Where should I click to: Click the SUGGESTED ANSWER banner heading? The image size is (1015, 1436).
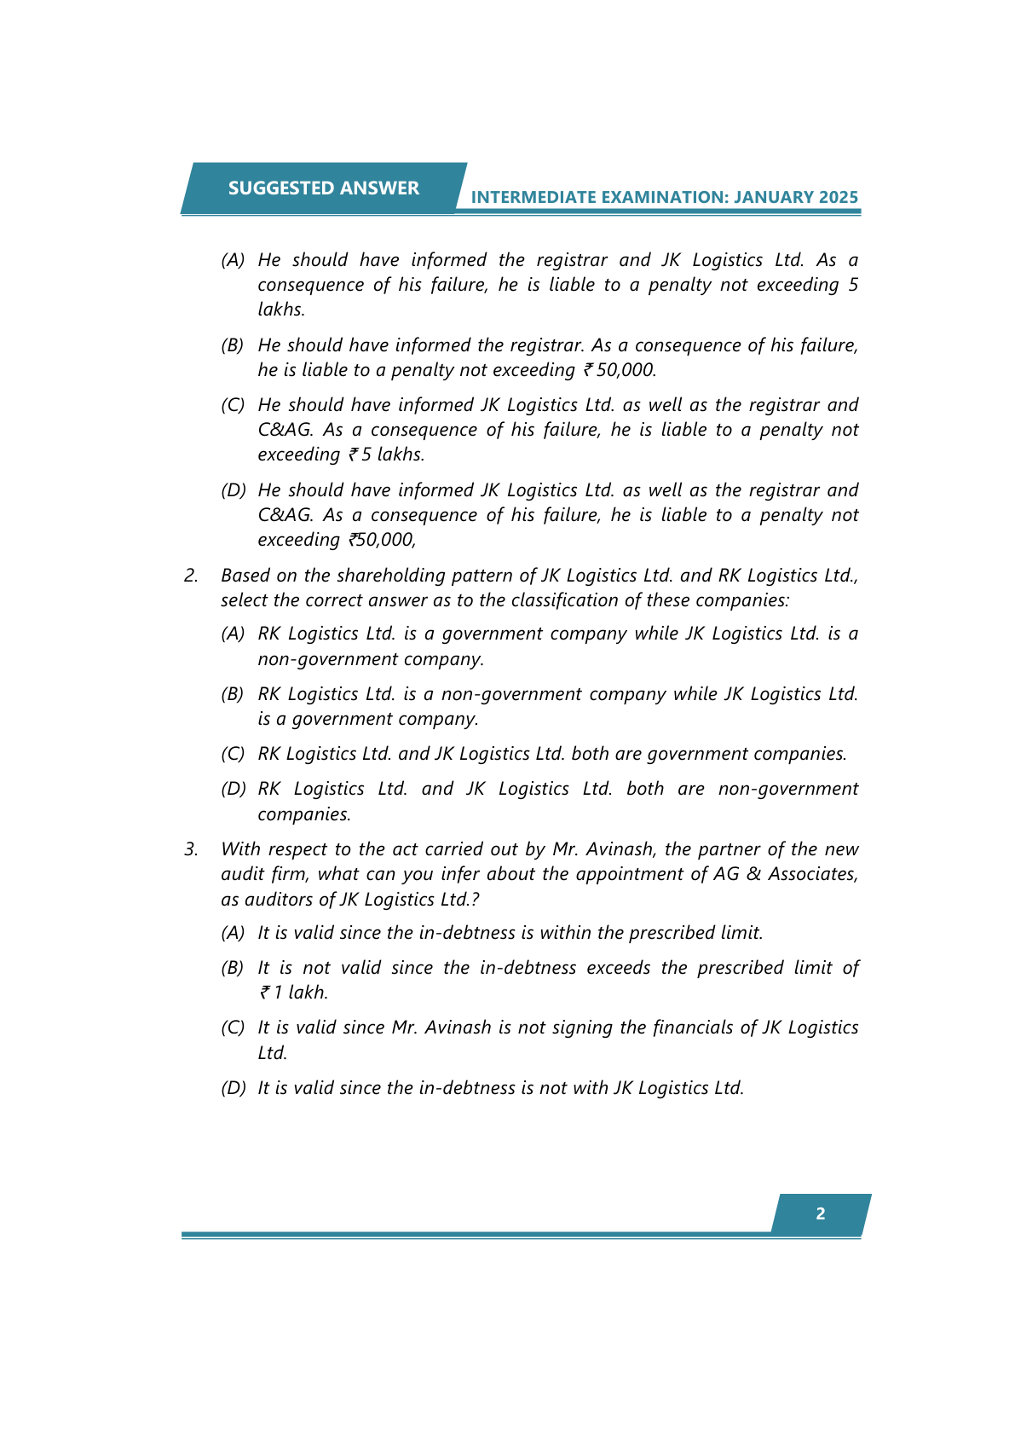coord(323,188)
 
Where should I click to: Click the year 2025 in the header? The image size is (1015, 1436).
coord(839,198)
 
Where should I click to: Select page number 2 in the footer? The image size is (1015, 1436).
coord(821,1213)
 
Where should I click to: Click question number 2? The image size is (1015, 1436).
coord(191,576)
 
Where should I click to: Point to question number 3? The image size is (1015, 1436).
coord(191,849)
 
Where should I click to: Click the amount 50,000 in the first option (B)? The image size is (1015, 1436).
coord(626,370)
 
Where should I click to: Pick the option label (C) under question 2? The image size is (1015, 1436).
coord(233,755)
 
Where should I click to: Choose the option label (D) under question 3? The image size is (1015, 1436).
coord(233,1088)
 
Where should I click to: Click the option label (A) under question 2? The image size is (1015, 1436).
coord(233,634)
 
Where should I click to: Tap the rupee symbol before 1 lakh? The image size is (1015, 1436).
coord(265,993)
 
